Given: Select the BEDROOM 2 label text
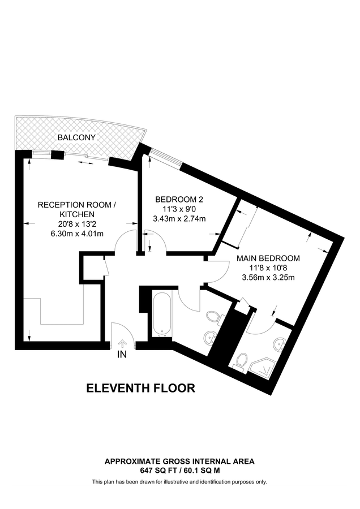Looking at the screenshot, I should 179,199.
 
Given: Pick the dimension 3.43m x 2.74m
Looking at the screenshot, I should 179,219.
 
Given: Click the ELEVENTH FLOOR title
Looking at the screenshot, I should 140,388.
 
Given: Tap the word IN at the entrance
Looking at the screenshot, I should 122,355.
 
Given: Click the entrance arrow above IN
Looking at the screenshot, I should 122,343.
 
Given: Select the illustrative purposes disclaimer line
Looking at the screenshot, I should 179,482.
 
